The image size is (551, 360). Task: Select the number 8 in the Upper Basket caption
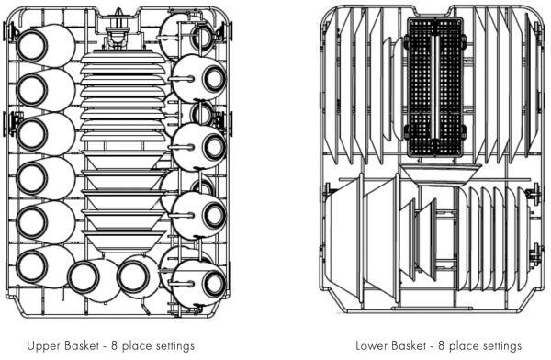pyautogui.click(x=114, y=345)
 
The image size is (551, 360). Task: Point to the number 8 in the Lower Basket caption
pyautogui.click(x=442, y=345)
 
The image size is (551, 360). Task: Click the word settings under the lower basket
pyautogui.click(x=501, y=346)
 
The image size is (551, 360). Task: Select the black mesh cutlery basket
pyautogui.click(x=435, y=87)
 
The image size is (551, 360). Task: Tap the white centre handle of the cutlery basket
pyautogui.click(x=435, y=87)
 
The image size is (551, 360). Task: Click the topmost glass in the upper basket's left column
pyautogui.click(x=45, y=46)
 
